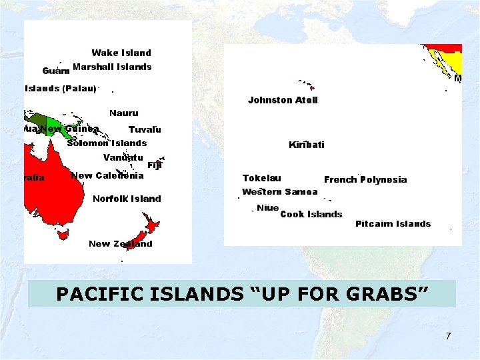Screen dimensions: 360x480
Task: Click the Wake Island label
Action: pyautogui.click(x=121, y=53)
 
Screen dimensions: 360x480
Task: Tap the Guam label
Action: pyautogui.click(x=56, y=71)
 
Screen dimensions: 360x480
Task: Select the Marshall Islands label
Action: pyautogui.click(x=112, y=67)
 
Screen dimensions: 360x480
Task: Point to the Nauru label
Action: pyautogui.click(x=124, y=113)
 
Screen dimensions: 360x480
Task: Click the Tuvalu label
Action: pyautogui.click(x=145, y=129)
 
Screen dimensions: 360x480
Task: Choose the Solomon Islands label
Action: pyautogui.click(x=107, y=143)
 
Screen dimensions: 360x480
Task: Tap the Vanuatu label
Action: pyautogui.click(x=123, y=158)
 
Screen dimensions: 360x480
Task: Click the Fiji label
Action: pyautogui.click(x=154, y=165)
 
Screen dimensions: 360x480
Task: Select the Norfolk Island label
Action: pyautogui.click(x=127, y=199)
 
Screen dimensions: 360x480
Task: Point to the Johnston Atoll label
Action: pyautogui.click(x=283, y=100)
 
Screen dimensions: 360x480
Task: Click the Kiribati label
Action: pyautogui.click(x=307, y=145)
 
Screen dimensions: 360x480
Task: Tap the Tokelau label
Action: pyautogui.click(x=261, y=178)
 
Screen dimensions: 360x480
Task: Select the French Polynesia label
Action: pyautogui.click(x=365, y=180)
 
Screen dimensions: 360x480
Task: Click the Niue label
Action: pyautogui.click(x=267, y=208)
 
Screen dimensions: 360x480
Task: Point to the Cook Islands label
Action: pyautogui.click(x=311, y=214)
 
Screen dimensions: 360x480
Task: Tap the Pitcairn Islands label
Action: pyautogui.click(x=393, y=224)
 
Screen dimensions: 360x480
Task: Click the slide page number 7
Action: pyautogui.click(x=449, y=336)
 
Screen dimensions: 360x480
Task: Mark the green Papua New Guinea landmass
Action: pyautogui.click(x=47, y=121)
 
